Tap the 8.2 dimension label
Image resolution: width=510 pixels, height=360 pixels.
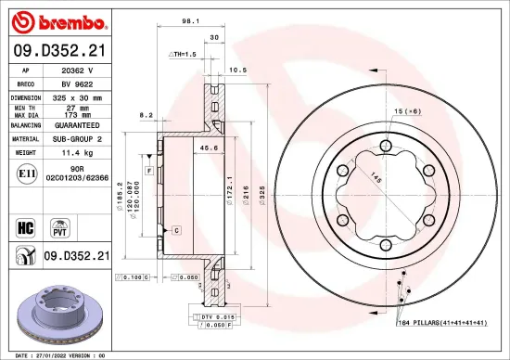[x=145, y=115]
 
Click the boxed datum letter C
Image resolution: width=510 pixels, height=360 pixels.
[x=175, y=228]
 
